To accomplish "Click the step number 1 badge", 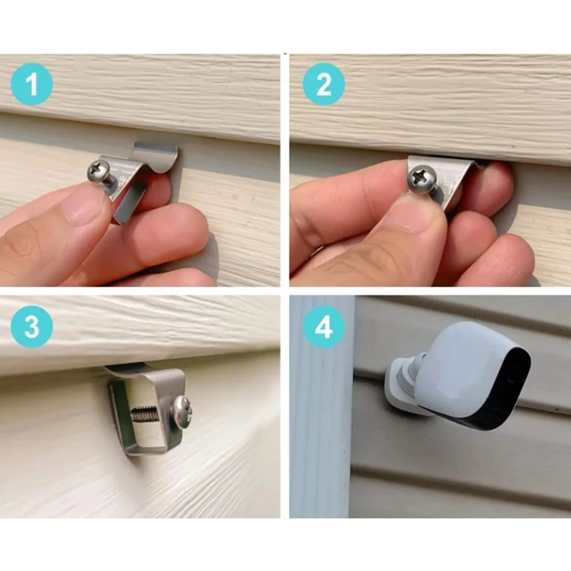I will [x=31, y=85].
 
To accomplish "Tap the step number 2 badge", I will [x=323, y=85].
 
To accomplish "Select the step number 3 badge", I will [x=31, y=327].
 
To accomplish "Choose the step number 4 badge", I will [x=323, y=327].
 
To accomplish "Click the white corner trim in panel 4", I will [x=320, y=428].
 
